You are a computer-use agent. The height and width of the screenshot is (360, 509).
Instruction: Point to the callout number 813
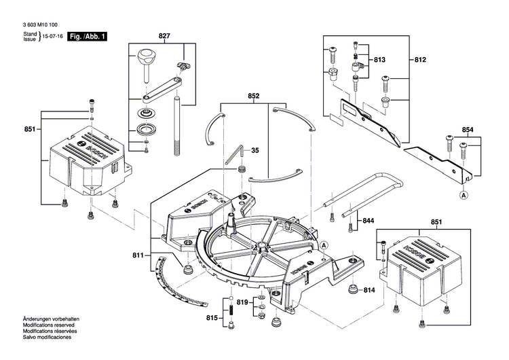pos(379,60)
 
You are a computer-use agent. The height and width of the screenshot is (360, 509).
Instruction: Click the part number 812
pos(420,60)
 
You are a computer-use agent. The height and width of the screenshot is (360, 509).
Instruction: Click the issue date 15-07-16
pos(53,36)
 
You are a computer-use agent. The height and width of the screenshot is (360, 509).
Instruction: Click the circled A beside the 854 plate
pos(464,195)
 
